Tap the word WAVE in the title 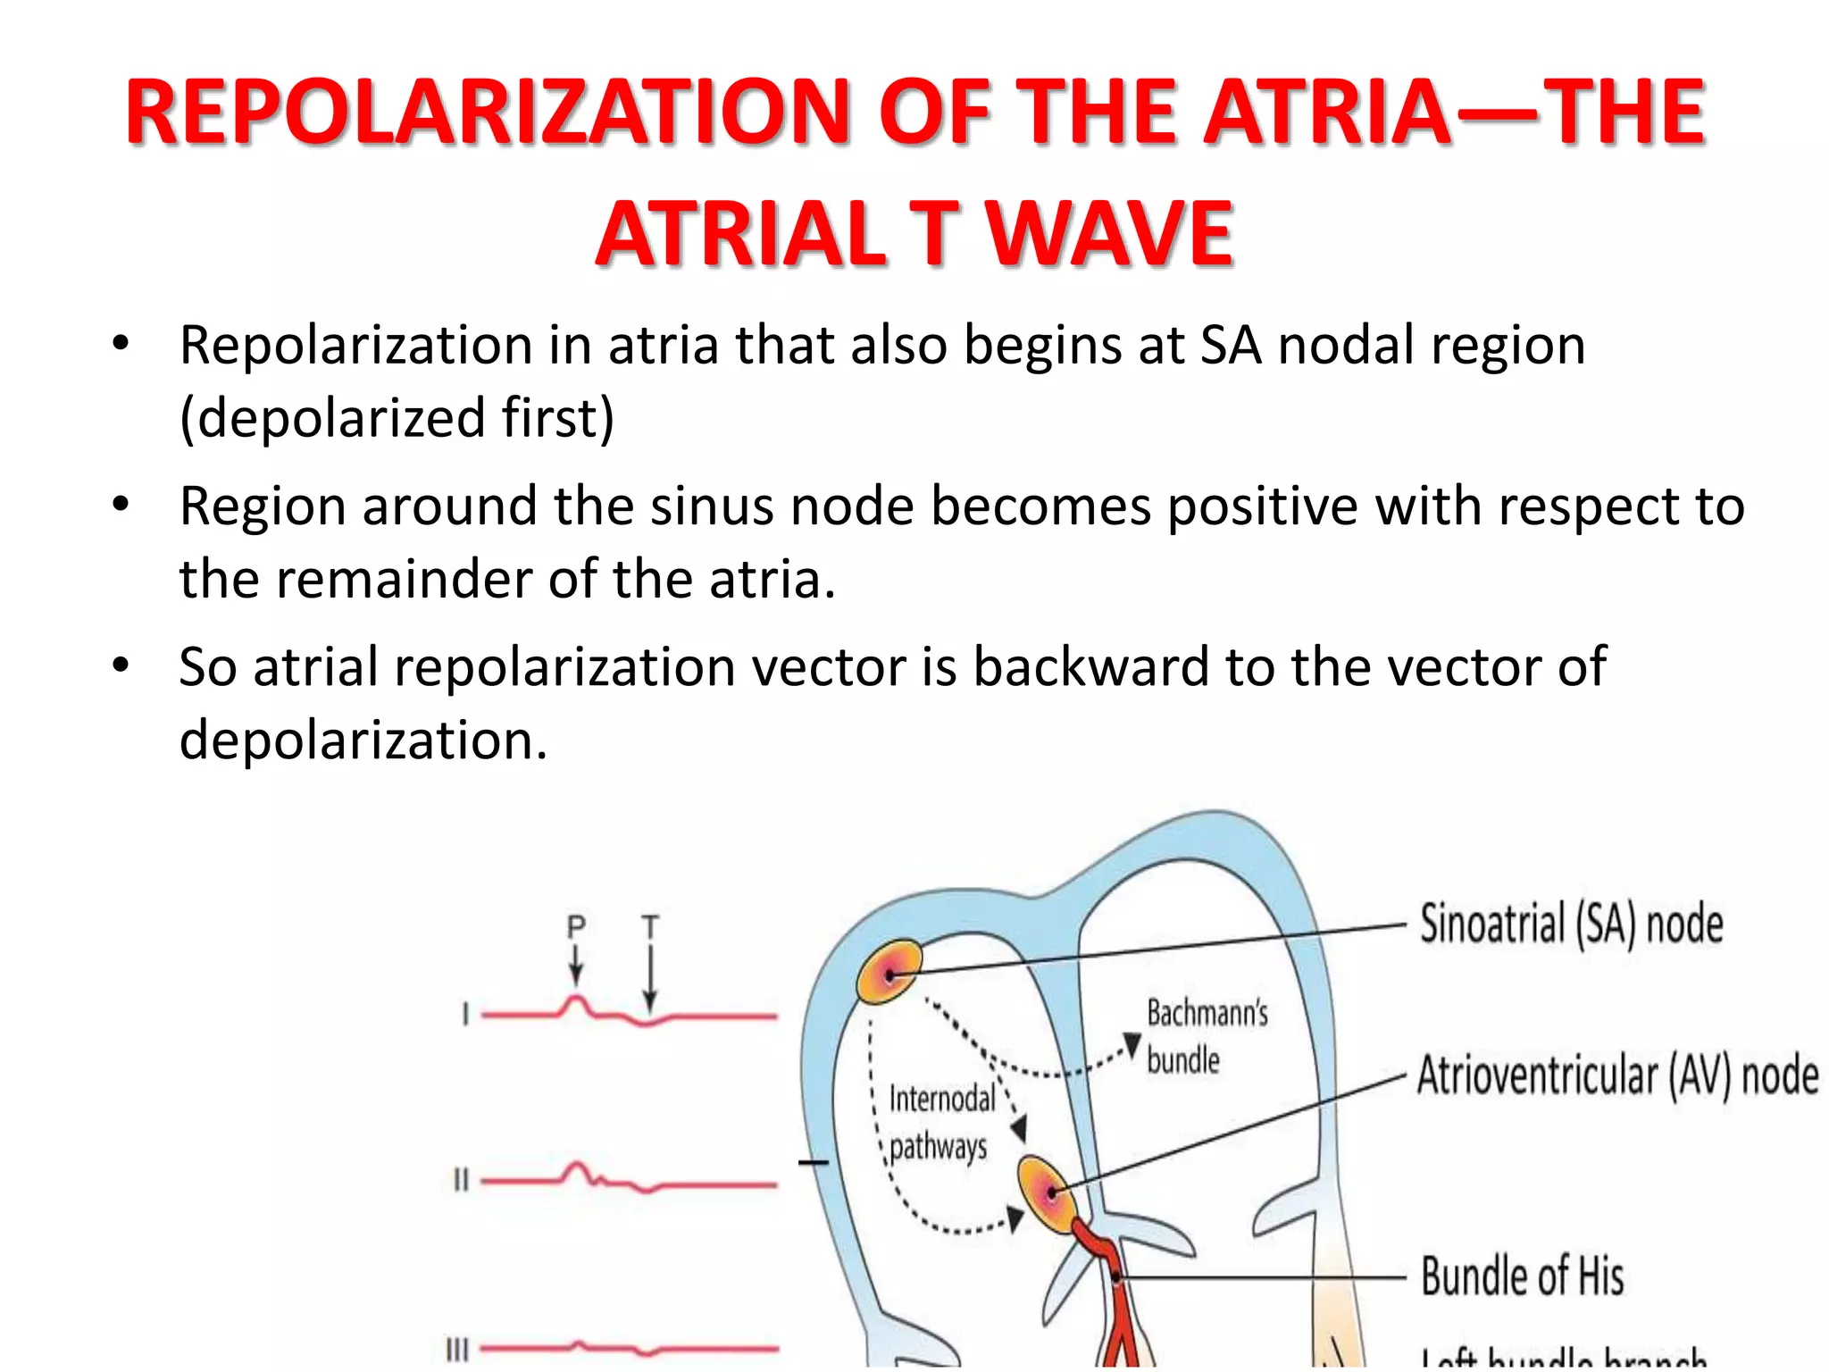(x=1109, y=234)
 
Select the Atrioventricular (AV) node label (x=1617, y=1075)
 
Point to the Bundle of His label (x=1522, y=1276)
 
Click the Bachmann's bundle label (x=1206, y=1036)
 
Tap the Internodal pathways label (x=940, y=1122)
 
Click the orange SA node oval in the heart (x=889, y=972)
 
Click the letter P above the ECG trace (x=576, y=927)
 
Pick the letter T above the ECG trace (x=650, y=927)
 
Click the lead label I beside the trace (x=465, y=1015)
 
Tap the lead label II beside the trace (x=461, y=1181)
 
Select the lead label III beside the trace (x=457, y=1349)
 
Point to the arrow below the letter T (x=650, y=978)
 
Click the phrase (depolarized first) (x=397, y=418)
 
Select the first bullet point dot (x=121, y=343)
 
